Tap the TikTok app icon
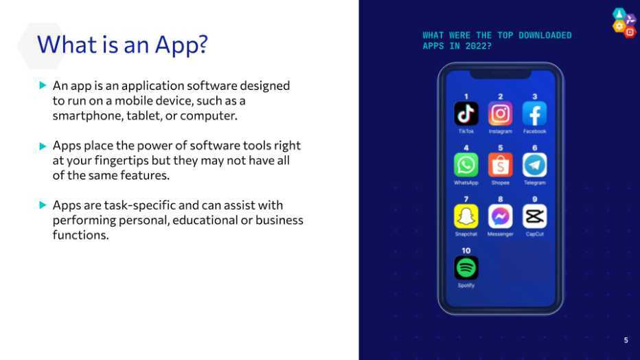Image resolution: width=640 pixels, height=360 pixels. (466, 113)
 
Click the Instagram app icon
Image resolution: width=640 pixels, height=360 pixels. (501, 113)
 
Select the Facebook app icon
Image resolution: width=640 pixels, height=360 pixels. (535, 113)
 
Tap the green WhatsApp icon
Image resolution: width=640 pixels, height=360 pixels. (466, 165)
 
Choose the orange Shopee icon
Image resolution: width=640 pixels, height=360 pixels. (501, 165)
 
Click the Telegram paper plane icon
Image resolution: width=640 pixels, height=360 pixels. (535, 165)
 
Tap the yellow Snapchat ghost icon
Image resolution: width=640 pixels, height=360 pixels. (466, 216)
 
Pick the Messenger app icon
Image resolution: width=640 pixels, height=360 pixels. (501, 216)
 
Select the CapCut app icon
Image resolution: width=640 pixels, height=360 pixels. (535, 216)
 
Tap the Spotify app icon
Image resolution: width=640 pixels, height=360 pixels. (466, 268)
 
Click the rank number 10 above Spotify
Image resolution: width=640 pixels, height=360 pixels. (466, 251)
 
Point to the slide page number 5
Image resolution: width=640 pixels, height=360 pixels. (626, 340)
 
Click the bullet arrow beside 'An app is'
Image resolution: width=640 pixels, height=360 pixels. (43, 85)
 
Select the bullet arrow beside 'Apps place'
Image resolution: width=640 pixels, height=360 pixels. (43, 146)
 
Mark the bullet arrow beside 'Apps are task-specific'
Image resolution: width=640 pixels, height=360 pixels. (43, 205)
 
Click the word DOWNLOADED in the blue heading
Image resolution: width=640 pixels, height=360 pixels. (545, 36)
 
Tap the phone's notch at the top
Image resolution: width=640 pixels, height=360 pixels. (501, 74)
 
